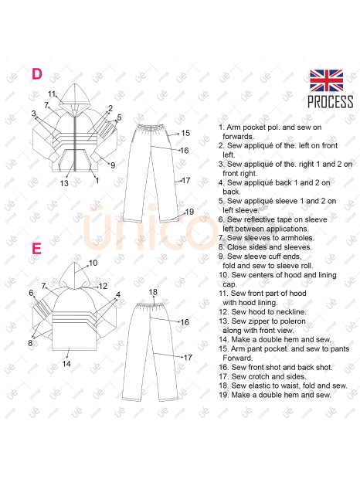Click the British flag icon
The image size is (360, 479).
pyautogui.click(x=326, y=80)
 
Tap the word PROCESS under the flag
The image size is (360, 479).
pyautogui.click(x=330, y=102)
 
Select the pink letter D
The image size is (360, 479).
pyautogui.click(x=37, y=74)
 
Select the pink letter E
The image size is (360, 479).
pyautogui.click(x=36, y=249)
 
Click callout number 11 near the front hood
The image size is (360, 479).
pyautogui.click(x=52, y=93)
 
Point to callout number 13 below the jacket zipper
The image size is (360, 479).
pyautogui.click(x=64, y=183)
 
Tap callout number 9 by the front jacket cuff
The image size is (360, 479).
pyautogui.click(x=113, y=165)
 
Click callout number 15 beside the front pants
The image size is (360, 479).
pyautogui.click(x=185, y=133)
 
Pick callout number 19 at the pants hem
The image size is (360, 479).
pyautogui.click(x=189, y=212)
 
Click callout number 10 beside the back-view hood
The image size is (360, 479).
pyautogui.click(x=93, y=263)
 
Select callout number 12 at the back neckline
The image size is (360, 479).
pyautogui.click(x=104, y=286)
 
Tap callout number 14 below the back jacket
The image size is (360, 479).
pyautogui.click(x=66, y=364)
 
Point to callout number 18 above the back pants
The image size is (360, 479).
pyautogui.click(x=153, y=292)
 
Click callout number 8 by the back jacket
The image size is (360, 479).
pyautogui.click(x=30, y=343)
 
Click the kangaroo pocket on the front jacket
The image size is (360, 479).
pyautogui.click(x=74, y=160)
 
